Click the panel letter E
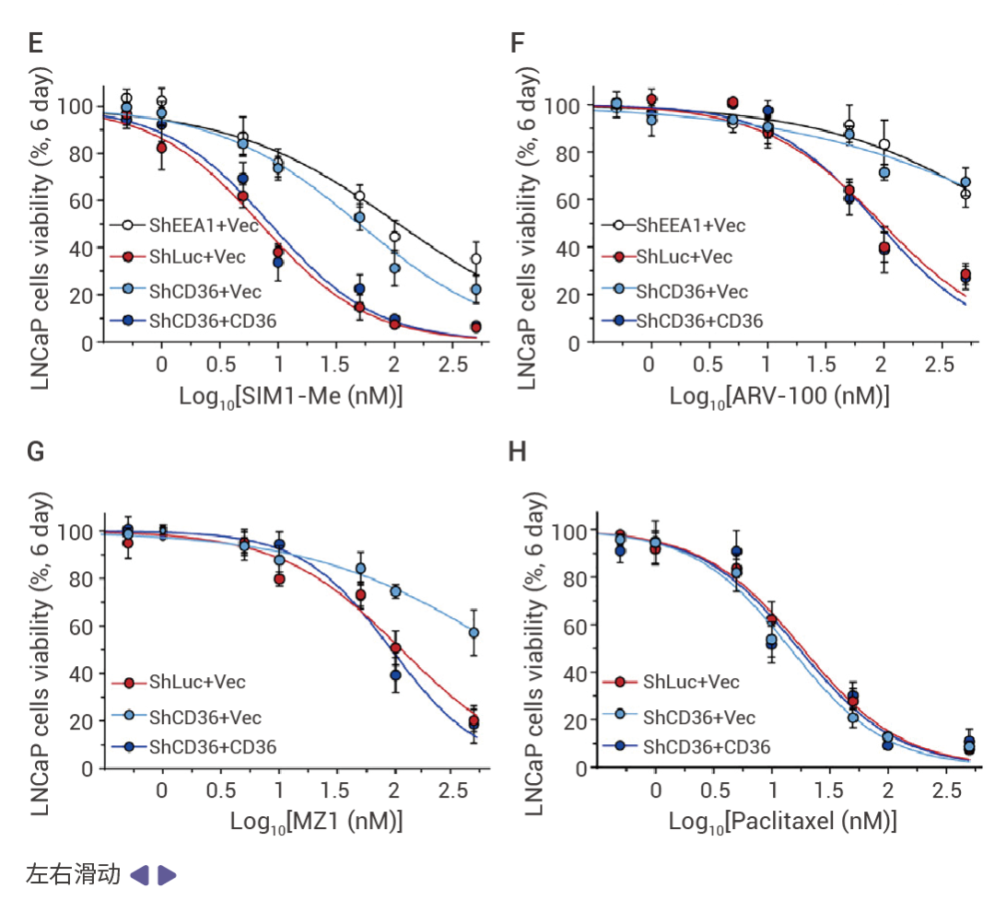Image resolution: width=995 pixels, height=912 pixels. pyautogui.click(x=37, y=42)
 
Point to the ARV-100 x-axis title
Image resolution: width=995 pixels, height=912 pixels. pyautogui.click(x=778, y=396)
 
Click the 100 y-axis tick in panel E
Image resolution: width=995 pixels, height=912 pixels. pyautogui.click(x=76, y=106)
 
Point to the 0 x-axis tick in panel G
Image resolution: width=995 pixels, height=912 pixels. pyautogui.click(x=162, y=791)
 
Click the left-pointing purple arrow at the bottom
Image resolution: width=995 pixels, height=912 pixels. pyautogui.click(x=139, y=875)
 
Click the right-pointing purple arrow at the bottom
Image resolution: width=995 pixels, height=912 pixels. pyautogui.click(x=167, y=875)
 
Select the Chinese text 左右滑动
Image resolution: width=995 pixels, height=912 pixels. pyautogui.click(x=74, y=874)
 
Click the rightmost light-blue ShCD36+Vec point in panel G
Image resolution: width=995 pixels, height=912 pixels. pyautogui.click(x=474, y=633)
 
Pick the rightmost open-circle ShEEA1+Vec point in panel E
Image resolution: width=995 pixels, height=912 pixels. pyautogui.click(x=475, y=259)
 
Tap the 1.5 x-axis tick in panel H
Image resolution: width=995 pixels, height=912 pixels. pyautogui.click(x=829, y=791)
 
